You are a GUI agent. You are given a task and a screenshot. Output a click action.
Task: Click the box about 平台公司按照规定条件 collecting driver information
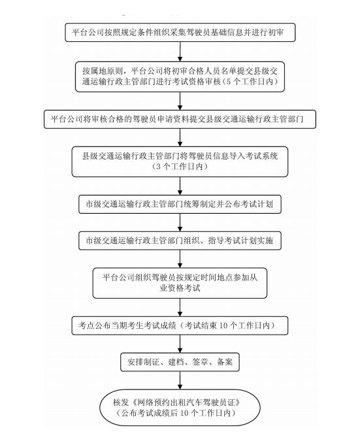[x=180, y=33]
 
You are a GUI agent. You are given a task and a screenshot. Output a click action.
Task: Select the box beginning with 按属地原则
[x=180, y=76]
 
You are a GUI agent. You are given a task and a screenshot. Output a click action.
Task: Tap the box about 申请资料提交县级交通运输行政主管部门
[x=180, y=120]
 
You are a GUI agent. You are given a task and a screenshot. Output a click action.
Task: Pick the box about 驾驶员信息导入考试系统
[x=180, y=161]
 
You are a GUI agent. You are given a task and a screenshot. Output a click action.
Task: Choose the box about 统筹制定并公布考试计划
[x=180, y=205]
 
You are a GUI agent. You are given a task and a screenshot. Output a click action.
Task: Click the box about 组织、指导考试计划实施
[x=180, y=241]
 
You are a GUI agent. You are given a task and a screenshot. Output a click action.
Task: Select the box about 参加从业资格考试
[x=180, y=283]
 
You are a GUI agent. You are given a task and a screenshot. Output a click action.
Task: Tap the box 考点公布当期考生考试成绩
[x=180, y=325]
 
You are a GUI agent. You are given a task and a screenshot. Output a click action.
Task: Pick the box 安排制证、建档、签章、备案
[x=180, y=362]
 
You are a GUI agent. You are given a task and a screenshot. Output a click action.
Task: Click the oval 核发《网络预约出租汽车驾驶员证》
[x=180, y=407]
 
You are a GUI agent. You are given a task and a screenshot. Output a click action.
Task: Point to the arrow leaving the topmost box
[x=180, y=52]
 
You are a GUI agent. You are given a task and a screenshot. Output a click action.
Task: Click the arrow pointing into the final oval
[x=180, y=380]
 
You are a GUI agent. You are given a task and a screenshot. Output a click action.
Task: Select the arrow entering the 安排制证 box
[x=180, y=344]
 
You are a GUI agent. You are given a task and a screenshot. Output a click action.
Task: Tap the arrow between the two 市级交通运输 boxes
[x=180, y=222]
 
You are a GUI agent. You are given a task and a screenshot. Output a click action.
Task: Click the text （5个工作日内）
[x=250, y=82]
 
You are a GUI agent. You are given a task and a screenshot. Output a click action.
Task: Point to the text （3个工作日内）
[x=180, y=167]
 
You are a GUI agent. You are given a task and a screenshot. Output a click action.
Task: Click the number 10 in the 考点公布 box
[x=223, y=325]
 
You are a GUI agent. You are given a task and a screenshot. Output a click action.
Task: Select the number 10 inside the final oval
[x=184, y=413]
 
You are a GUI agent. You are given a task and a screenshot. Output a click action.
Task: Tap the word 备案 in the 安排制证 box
[x=225, y=361]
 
